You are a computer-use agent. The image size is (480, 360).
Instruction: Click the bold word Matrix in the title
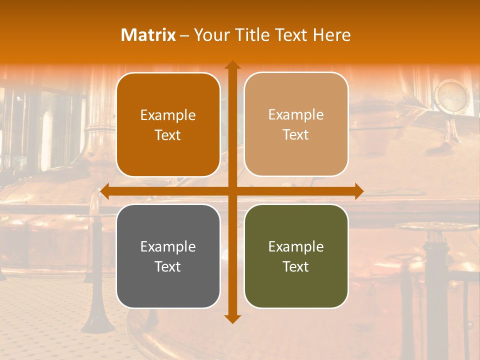coord(148,35)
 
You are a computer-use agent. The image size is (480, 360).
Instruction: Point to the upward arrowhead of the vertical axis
coord(232,65)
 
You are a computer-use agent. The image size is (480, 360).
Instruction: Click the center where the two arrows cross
coord(232,191)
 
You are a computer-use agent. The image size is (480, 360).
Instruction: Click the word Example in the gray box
coord(167,247)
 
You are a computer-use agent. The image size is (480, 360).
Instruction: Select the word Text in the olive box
coord(295,266)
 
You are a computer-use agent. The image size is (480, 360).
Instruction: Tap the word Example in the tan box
coord(295,115)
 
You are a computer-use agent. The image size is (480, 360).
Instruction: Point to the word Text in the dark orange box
coord(167,135)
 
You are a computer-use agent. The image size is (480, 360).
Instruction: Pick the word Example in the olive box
coord(295,247)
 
